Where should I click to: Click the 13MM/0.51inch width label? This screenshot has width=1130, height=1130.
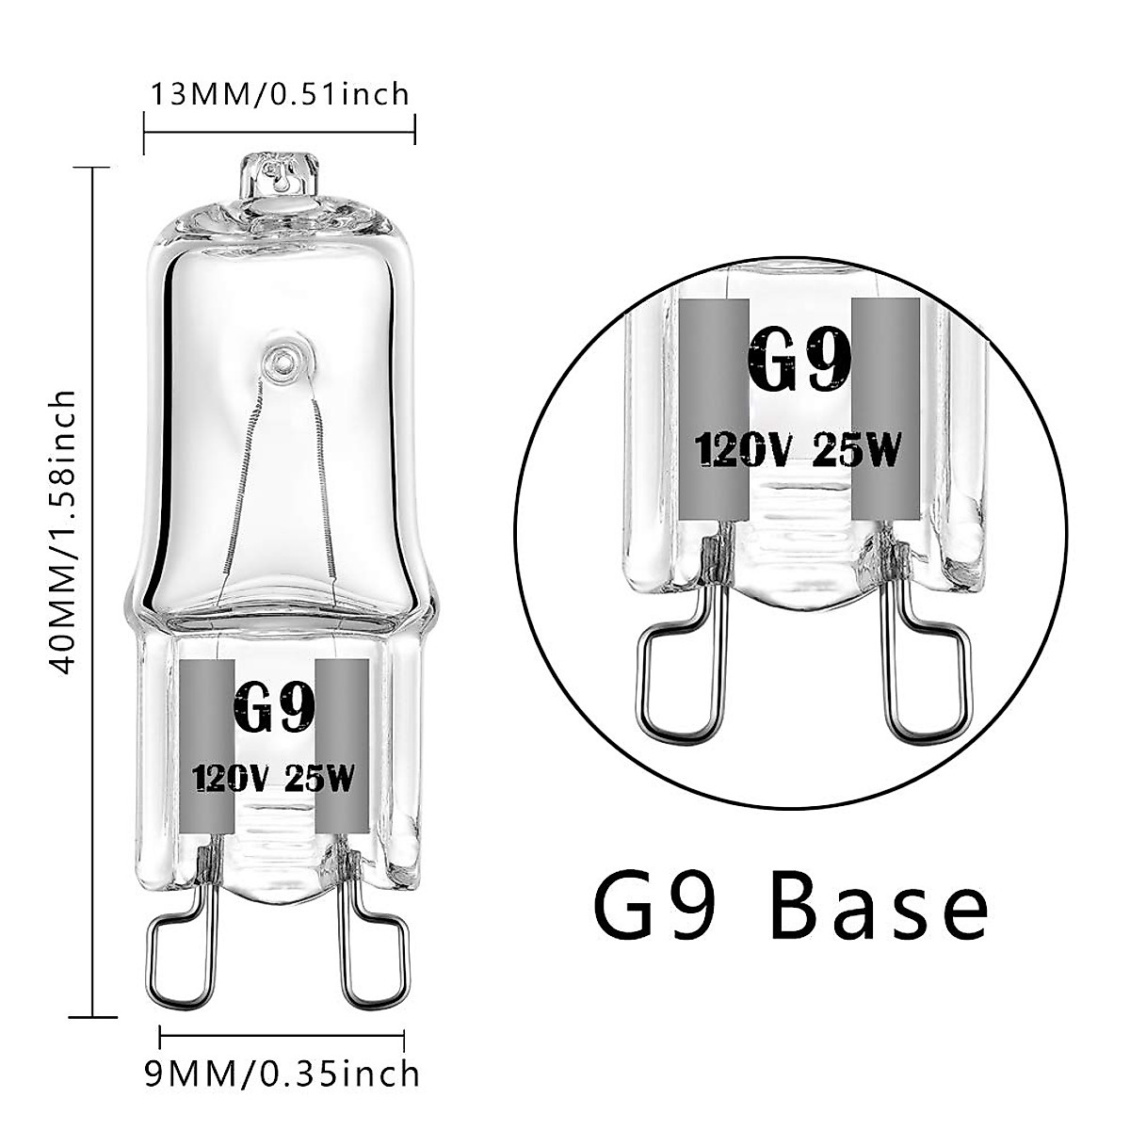pyautogui.click(x=280, y=94)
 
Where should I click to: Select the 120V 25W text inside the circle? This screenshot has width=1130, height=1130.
pyautogui.click(x=799, y=451)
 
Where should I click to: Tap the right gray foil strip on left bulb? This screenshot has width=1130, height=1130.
pyautogui.click(x=341, y=744)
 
